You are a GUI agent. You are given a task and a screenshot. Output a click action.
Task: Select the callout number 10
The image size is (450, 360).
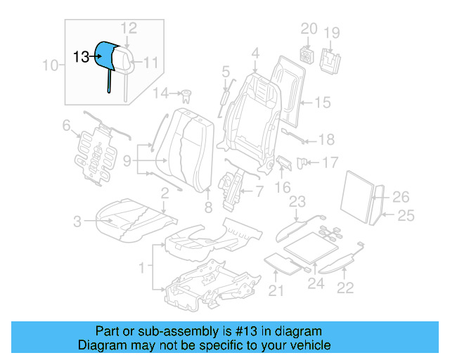(50, 67)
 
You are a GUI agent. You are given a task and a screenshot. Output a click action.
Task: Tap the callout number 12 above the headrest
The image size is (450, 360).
(128, 28)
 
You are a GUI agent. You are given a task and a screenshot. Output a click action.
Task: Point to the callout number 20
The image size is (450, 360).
(309, 28)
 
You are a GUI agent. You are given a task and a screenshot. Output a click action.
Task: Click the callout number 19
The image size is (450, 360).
(331, 32)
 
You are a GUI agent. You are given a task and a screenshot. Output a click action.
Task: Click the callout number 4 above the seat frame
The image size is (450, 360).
(255, 52)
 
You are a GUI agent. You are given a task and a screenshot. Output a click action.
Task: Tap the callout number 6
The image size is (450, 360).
(67, 126)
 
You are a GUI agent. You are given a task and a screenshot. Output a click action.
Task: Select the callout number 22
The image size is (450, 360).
(345, 286)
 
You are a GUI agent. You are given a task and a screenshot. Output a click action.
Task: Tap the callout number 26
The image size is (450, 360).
(400, 196)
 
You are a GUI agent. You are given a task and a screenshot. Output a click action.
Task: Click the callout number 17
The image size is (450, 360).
(330, 162)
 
